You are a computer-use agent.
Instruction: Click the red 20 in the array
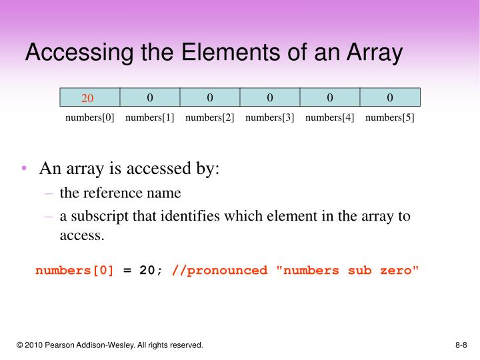point(88,99)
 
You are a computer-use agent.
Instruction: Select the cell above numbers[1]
point(150,97)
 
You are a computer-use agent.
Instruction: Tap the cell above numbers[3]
point(270,97)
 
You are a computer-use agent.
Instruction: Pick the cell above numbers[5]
point(390,97)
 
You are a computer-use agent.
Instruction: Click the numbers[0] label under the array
point(90,118)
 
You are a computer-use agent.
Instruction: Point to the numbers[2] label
point(210,118)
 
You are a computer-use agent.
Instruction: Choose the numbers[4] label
point(330,118)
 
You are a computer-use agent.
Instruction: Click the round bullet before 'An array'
point(25,169)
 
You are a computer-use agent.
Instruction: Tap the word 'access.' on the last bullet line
point(82,235)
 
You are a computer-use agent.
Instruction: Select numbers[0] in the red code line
point(75,270)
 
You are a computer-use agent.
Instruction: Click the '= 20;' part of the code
point(143,270)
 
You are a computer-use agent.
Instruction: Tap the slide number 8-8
point(461,345)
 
